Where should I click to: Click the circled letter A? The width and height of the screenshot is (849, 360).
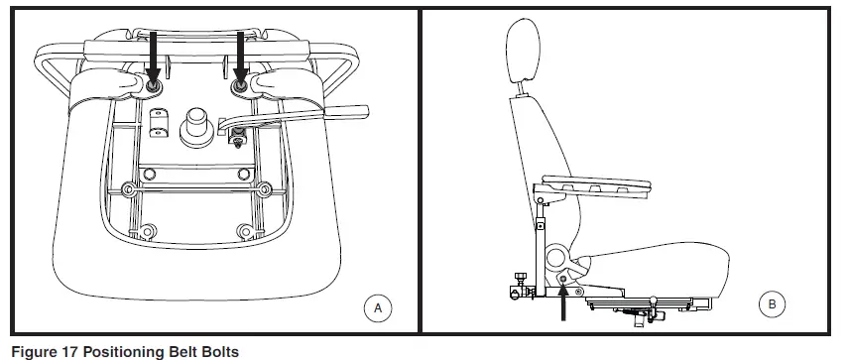377,308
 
